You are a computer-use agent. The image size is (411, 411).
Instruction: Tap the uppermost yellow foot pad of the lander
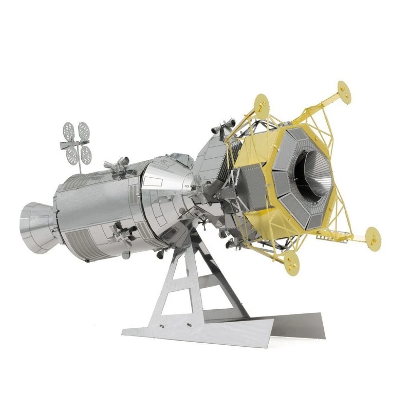click(x=344, y=91)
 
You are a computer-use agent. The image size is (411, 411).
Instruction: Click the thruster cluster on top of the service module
click(x=117, y=164)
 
